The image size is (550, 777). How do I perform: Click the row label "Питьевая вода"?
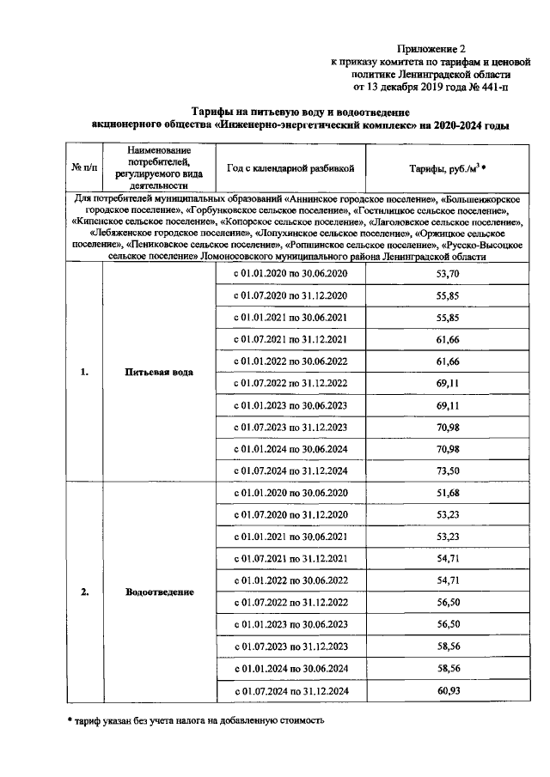pyautogui.click(x=158, y=373)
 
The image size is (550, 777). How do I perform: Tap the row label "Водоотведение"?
pyautogui.click(x=159, y=592)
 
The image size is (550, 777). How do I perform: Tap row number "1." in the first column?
pyautogui.click(x=84, y=373)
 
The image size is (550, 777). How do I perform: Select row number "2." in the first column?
pyautogui.click(x=84, y=592)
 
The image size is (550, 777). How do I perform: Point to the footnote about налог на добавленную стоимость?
pyautogui.click(x=196, y=720)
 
